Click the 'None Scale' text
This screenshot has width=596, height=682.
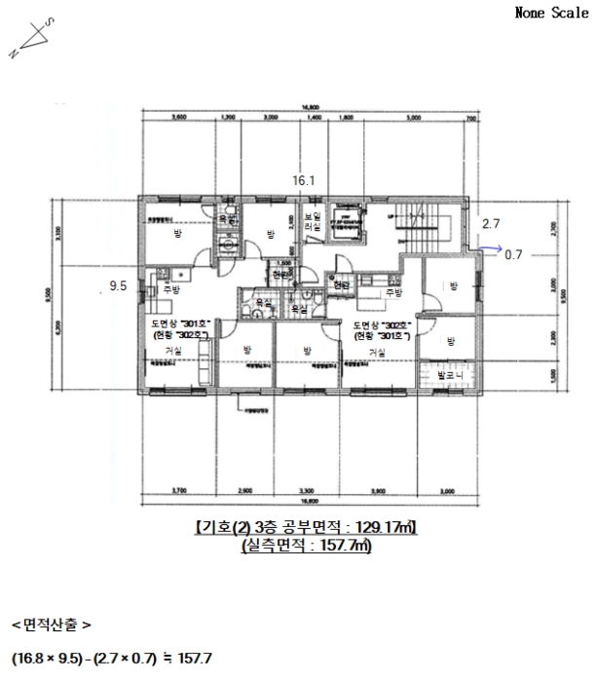coord(551,14)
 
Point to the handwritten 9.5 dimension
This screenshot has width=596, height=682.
coord(120,286)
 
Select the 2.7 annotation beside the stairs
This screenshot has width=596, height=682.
coord(492,223)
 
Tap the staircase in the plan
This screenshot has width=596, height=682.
coord(425,228)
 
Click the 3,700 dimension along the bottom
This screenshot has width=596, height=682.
coord(178,490)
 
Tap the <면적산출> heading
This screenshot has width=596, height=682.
coord(52,622)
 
